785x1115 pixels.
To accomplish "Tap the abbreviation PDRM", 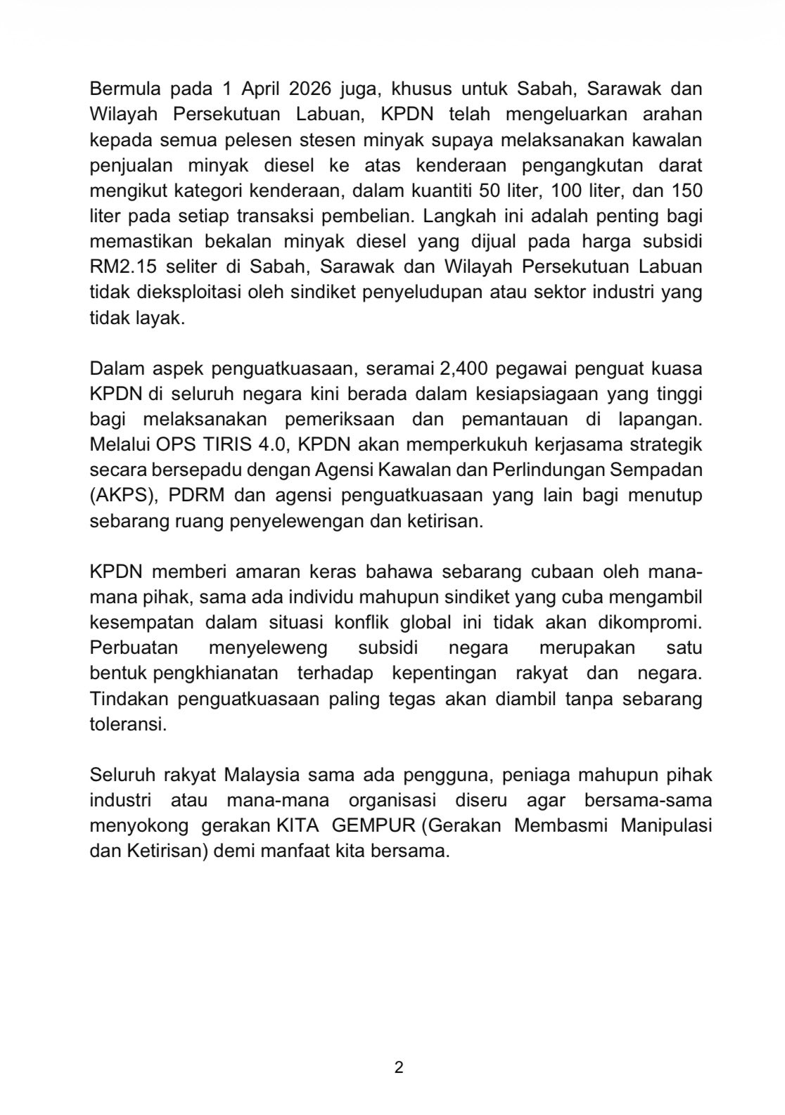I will tap(197, 496).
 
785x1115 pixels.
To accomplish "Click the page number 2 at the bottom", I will tap(399, 1067).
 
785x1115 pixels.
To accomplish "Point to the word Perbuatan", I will tap(134, 647).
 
